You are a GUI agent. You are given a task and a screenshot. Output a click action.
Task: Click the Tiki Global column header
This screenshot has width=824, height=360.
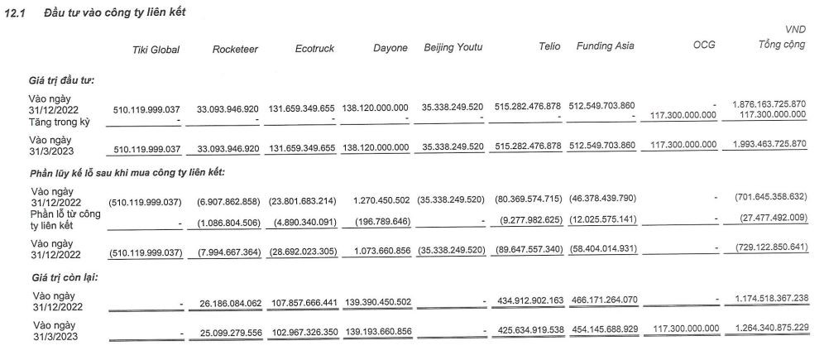click(x=156, y=50)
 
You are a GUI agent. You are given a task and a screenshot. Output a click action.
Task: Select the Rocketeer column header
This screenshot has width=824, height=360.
click(x=235, y=50)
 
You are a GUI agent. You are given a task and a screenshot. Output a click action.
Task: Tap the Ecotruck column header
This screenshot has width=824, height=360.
click(x=315, y=49)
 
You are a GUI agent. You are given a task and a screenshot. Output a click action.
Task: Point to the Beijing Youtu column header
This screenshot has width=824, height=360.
click(x=453, y=46)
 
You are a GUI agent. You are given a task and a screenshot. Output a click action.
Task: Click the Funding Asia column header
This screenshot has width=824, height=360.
click(x=605, y=46)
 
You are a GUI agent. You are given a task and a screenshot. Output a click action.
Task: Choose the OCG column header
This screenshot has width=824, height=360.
click(x=703, y=46)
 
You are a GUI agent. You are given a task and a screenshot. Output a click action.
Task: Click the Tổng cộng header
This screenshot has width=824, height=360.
click(x=782, y=45)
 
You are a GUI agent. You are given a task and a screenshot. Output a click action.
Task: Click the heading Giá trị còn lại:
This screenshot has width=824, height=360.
click(x=63, y=277)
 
